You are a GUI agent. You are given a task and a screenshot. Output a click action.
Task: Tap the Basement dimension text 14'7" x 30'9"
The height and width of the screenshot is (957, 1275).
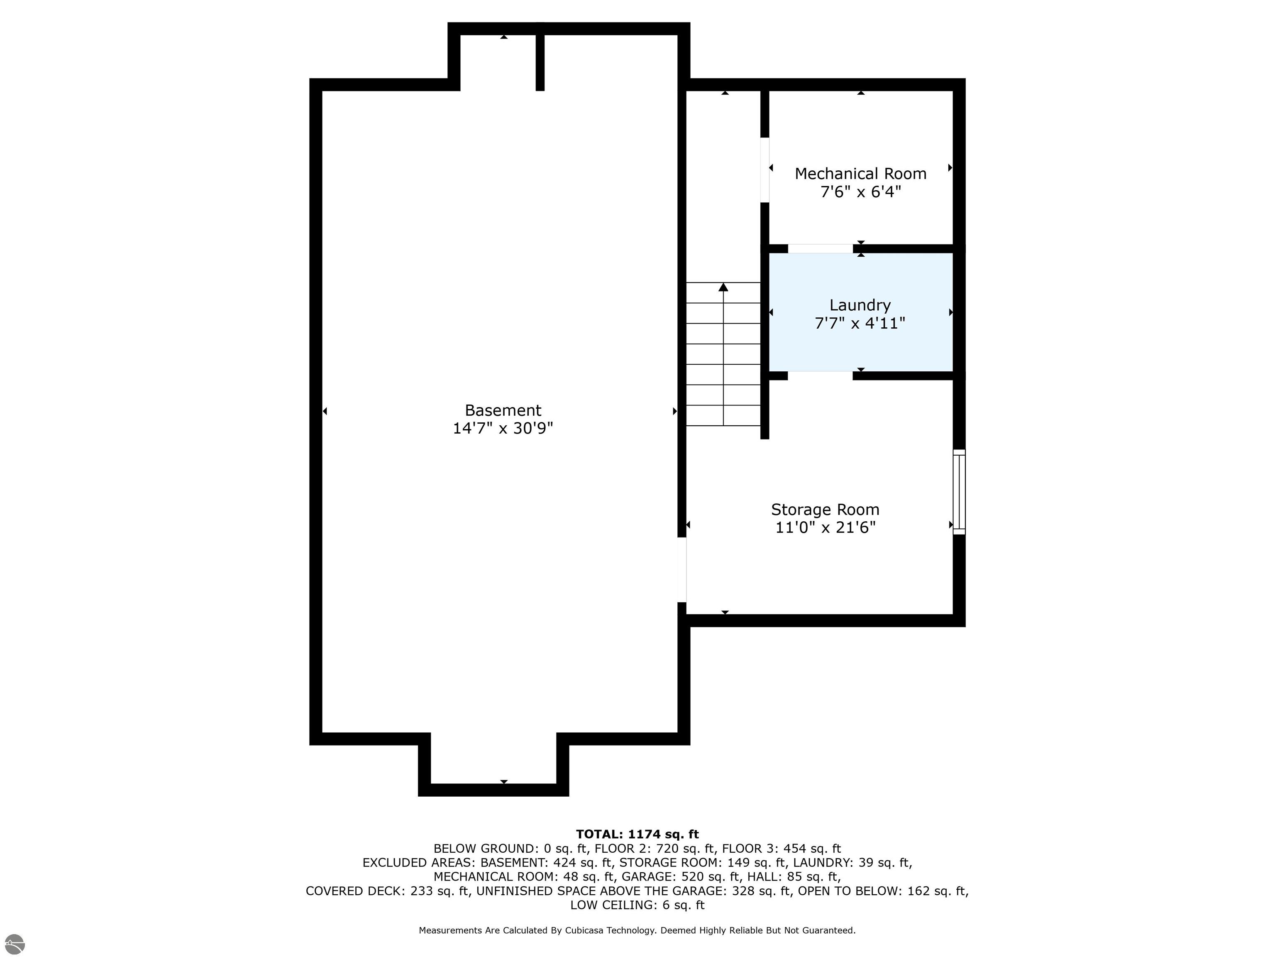503,428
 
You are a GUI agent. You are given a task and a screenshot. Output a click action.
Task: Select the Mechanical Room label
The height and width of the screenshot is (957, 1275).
860,174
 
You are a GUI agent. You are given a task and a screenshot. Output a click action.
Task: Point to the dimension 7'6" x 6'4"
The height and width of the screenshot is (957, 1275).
860,191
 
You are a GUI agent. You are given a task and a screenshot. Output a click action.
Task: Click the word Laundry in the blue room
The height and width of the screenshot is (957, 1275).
860,305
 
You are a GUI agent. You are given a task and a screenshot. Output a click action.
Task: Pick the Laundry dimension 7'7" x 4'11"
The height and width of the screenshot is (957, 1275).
860,323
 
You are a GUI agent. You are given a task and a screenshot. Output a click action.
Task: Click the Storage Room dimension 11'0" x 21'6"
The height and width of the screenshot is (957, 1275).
826,527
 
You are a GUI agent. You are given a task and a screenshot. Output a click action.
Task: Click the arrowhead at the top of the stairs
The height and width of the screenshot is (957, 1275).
723,287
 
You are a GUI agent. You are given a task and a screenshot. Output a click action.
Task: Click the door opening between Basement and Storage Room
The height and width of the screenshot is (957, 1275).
681,569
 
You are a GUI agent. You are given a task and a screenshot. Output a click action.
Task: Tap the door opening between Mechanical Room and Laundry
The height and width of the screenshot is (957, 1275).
820,249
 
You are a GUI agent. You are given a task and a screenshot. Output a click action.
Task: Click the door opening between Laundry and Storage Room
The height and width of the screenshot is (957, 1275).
820,375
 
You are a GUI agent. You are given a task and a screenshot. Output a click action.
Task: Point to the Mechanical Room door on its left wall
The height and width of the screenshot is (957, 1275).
765,169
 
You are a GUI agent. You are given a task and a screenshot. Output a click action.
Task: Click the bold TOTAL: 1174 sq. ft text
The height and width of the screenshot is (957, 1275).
637,834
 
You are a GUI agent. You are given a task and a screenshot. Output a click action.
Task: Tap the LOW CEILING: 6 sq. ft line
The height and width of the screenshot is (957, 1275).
637,905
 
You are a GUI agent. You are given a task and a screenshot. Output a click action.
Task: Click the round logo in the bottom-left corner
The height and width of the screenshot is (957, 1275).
15,944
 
